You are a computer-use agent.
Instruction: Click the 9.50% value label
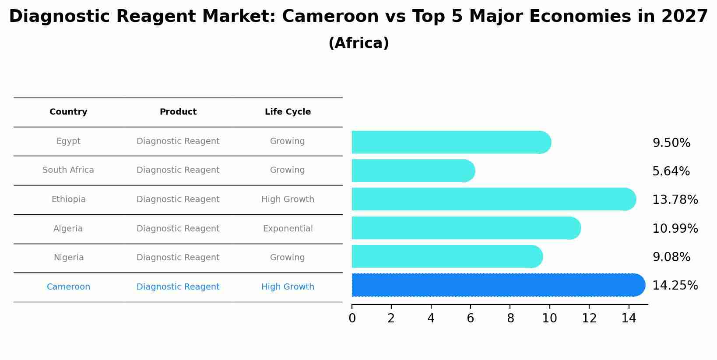click(671, 143)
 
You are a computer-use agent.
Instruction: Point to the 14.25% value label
click(675, 286)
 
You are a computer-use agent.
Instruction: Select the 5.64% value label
click(671, 171)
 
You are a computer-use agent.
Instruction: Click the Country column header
click(68, 112)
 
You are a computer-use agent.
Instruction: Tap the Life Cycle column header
click(288, 112)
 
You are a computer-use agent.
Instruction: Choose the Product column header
click(178, 112)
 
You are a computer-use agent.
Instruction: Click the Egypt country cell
click(68, 141)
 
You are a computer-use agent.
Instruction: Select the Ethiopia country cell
click(68, 199)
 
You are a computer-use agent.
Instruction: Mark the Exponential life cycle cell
click(288, 229)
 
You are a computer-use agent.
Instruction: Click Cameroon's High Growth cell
click(288, 287)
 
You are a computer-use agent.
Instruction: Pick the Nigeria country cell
click(68, 258)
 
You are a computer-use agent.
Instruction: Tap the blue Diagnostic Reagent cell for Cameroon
click(178, 287)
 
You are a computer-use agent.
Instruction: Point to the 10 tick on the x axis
click(549, 318)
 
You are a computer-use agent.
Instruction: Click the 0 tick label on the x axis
click(352, 318)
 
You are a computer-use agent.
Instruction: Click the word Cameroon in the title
click(330, 17)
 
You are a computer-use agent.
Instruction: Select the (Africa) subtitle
click(358, 43)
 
